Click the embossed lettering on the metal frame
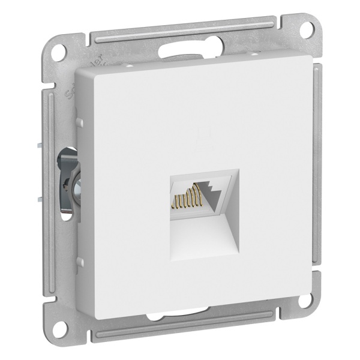[x=68, y=90]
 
